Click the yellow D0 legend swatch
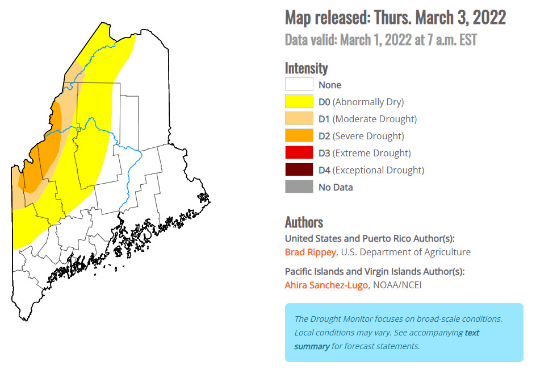click(299, 102)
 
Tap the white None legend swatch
click(299, 85)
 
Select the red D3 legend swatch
click(299, 152)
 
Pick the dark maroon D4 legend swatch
click(299, 169)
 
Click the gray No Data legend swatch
click(299, 186)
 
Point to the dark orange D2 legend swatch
click(299, 135)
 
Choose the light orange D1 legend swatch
click(299, 119)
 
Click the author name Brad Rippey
click(311, 252)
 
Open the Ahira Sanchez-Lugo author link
click(326, 285)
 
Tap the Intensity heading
click(306, 68)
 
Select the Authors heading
click(304, 222)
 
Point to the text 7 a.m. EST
click(449, 40)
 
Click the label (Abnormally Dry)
click(368, 102)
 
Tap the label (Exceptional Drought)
click(378, 170)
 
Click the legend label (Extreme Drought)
click(371, 153)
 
